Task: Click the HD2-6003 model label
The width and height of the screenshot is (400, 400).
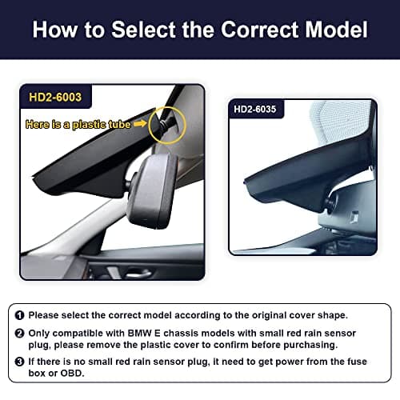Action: (55, 97)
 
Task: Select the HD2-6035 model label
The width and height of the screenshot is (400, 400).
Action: (254, 109)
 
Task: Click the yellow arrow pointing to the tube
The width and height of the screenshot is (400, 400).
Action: (140, 123)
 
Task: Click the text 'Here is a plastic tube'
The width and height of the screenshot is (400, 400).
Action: (78, 125)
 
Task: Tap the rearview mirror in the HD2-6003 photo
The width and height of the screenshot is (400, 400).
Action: (153, 190)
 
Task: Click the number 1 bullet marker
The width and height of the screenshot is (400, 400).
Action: (20, 315)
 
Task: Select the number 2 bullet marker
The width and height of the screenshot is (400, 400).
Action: (20, 334)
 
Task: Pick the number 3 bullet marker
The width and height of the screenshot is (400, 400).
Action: (20, 362)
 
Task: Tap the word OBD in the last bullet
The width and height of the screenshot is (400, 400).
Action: (72, 373)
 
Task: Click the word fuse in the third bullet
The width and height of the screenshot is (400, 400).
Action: (357, 362)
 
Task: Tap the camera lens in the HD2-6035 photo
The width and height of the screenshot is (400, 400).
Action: (330, 203)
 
